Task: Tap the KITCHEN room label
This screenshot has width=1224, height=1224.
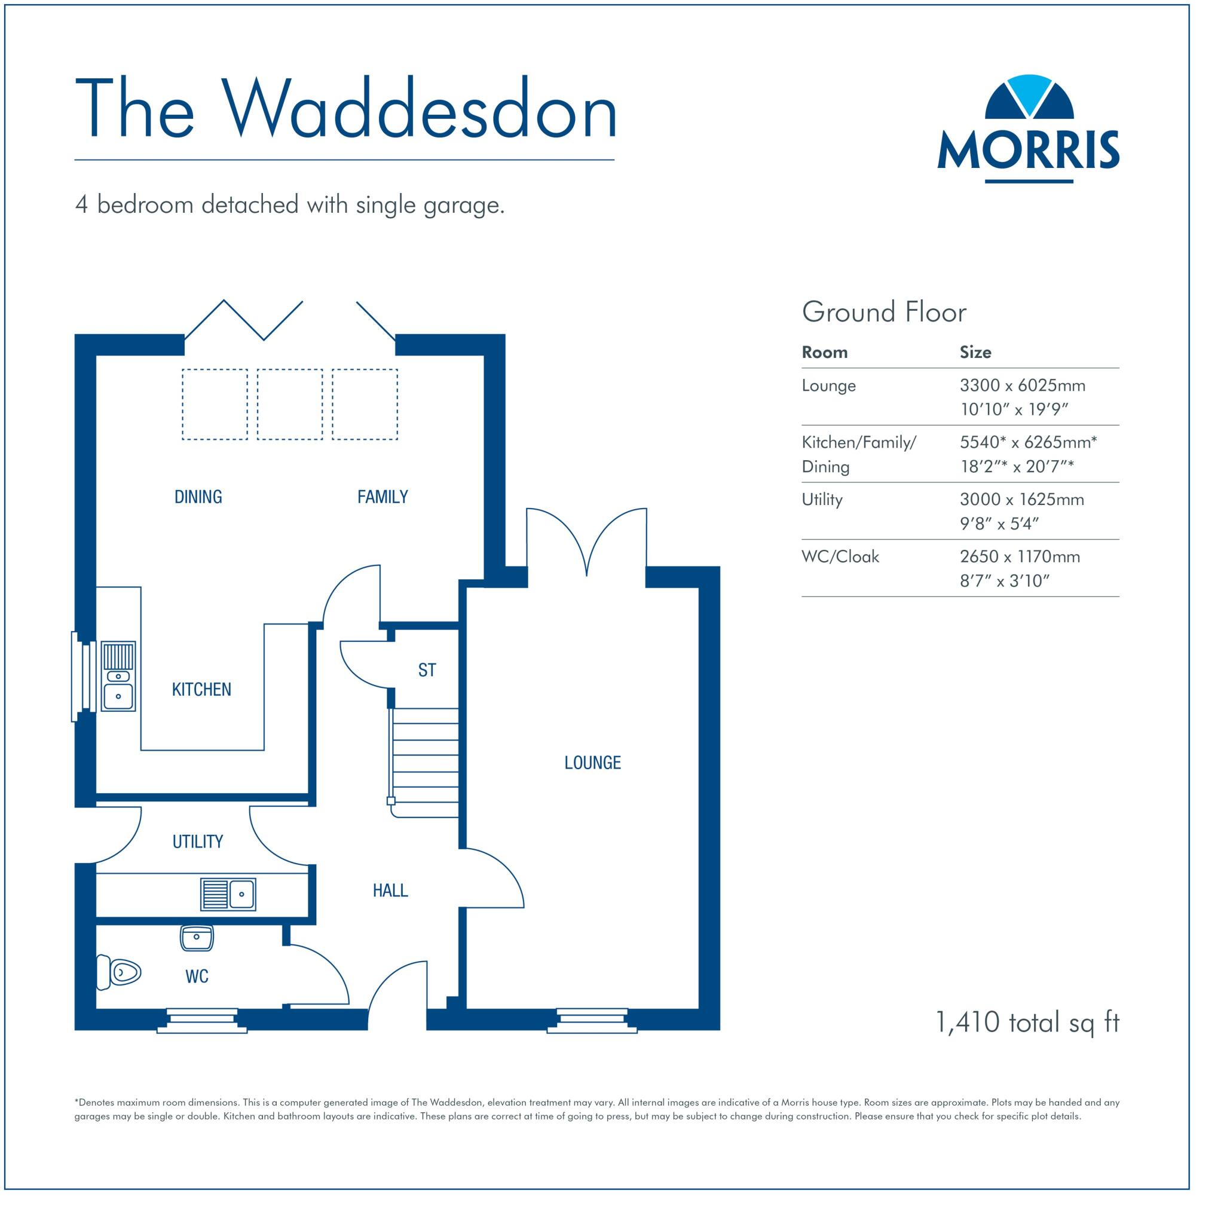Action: pyautogui.click(x=201, y=689)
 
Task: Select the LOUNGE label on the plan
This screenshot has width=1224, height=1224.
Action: pyautogui.click(x=592, y=762)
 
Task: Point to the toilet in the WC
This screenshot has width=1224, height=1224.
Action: pyautogui.click(x=118, y=972)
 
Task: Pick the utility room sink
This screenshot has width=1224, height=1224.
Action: pyautogui.click(x=228, y=894)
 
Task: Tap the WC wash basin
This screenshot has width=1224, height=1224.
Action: pyautogui.click(x=197, y=938)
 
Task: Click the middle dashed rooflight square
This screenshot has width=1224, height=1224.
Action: pyautogui.click(x=289, y=404)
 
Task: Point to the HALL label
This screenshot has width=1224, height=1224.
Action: pyautogui.click(x=390, y=891)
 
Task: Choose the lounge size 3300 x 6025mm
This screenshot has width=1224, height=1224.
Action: pyautogui.click(x=1023, y=386)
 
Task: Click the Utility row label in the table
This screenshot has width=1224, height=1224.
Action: pyautogui.click(x=822, y=500)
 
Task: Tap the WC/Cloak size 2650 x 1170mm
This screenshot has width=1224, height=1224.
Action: pyautogui.click(x=1020, y=557)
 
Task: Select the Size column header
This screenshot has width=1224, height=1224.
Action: pyautogui.click(x=975, y=352)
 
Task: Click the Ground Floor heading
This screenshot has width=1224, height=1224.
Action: pyautogui.click(x=884, y=313)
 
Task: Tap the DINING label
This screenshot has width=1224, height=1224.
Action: pyautogui.click(x=198, y=497)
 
